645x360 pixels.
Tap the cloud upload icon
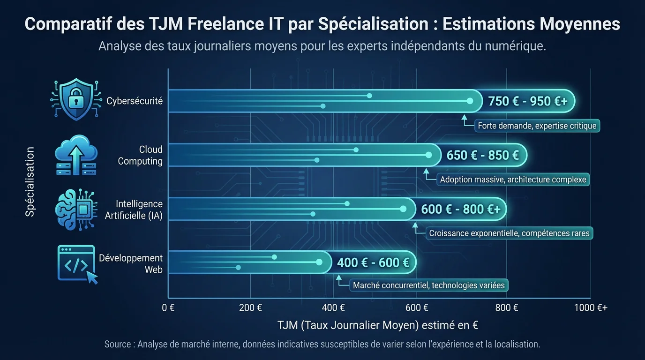[76, 155]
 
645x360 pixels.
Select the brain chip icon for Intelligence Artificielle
[76, 209]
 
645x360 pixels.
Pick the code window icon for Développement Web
[77, 264]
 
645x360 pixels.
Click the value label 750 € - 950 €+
[527, 101]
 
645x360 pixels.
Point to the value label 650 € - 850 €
[482, 155]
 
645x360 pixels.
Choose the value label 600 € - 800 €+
[460, 209]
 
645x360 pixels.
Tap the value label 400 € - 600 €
[373, 263]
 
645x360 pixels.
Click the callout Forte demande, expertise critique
[537, 126]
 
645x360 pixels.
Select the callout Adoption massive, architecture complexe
[513, 180]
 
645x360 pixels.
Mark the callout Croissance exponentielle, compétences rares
[509, 233]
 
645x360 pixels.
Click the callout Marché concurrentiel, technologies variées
[428, 285]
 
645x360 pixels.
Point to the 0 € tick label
[168, 308]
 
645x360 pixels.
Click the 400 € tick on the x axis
[334, 308]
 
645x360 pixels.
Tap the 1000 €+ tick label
[591, 308]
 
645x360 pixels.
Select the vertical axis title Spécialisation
[30, 182]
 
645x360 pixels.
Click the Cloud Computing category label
[140, 155]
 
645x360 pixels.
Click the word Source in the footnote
[118, 344]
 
